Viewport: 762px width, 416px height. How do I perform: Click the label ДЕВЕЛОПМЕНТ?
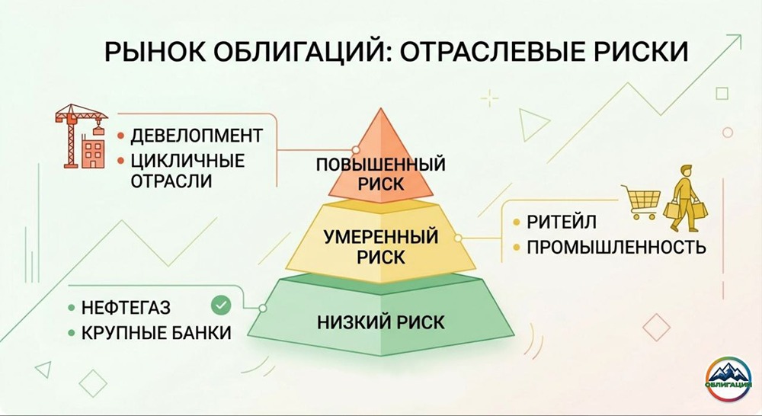[197, 136]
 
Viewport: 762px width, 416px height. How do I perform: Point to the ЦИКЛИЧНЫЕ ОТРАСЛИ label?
[186, 171]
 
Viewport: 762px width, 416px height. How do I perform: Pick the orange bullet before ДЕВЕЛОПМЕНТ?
[121, 137]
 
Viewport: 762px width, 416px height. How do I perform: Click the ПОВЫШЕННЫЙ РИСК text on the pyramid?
[381, 174]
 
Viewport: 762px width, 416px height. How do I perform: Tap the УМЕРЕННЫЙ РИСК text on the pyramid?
[381, 246]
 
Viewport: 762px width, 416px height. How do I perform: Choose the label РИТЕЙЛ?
[559, 222]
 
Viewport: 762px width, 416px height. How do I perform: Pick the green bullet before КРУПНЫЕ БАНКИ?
[71, 333]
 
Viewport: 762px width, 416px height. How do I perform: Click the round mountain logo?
[729, 379]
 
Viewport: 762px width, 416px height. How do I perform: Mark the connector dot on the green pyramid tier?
[262, 309]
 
